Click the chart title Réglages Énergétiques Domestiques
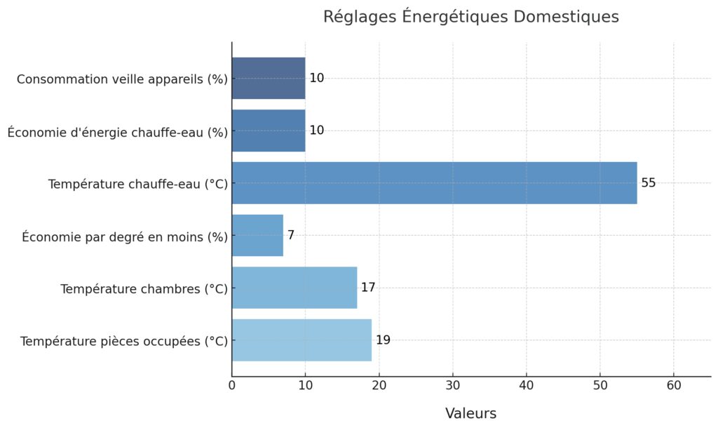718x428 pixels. pos(470,17)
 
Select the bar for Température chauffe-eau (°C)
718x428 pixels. pos(434,183)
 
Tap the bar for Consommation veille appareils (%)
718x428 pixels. pos(269,78)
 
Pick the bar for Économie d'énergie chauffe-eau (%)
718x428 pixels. pos(269,131)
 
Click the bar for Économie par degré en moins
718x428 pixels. pos(257,235)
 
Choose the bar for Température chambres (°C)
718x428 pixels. pos(294,288)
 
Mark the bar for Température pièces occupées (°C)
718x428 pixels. pos(302,340)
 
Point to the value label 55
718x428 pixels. pos(649,183)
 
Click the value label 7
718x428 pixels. pos(291,235)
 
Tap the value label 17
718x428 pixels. pos(368,288)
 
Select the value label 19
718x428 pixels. pos(383,340)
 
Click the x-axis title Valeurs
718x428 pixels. pos(470,413)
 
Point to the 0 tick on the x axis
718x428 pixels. pos(232,385)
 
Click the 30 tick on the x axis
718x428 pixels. pos(453,385)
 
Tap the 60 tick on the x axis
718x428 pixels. pos(674,385)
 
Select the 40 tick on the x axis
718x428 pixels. pos(527,385)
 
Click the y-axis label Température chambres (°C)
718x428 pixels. pos(144,289)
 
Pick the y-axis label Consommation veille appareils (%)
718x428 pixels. pos(122,79)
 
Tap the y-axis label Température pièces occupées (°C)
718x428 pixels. pos(124,342)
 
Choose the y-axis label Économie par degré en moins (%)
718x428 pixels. pos(125,236)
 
